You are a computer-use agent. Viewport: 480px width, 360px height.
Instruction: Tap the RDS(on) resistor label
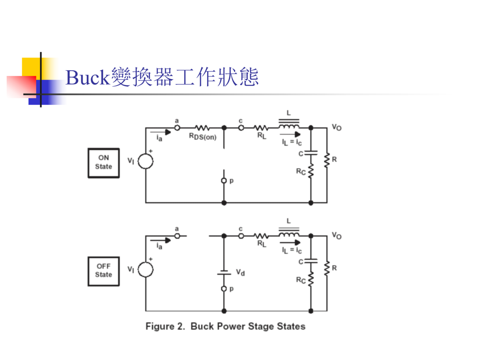coord(203,136)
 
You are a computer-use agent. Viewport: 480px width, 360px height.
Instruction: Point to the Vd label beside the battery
coord(240,272)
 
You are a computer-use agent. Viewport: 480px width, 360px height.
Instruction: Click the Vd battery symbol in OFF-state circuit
coord(224,272)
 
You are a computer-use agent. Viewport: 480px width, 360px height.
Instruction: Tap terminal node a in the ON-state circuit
coord(177,128)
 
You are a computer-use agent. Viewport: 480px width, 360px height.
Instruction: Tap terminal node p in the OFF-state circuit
coord(224,289)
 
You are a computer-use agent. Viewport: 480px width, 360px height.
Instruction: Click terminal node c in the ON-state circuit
coord(241,128)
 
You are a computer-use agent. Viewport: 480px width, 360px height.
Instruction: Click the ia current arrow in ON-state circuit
coord(160,132)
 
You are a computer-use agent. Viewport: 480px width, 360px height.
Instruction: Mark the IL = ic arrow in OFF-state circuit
coord(290,243)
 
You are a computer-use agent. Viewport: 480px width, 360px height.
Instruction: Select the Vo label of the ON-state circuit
coord(337,128)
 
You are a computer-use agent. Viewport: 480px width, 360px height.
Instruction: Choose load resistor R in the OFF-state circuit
coord(327,268)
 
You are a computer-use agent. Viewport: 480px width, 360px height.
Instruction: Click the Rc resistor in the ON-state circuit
coord(311,171)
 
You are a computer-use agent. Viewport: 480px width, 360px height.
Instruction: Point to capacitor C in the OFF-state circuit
coord(311,261)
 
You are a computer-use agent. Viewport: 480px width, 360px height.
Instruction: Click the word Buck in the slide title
coord(88,77)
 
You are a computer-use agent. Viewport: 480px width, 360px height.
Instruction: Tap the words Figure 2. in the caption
coord(165,326)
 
